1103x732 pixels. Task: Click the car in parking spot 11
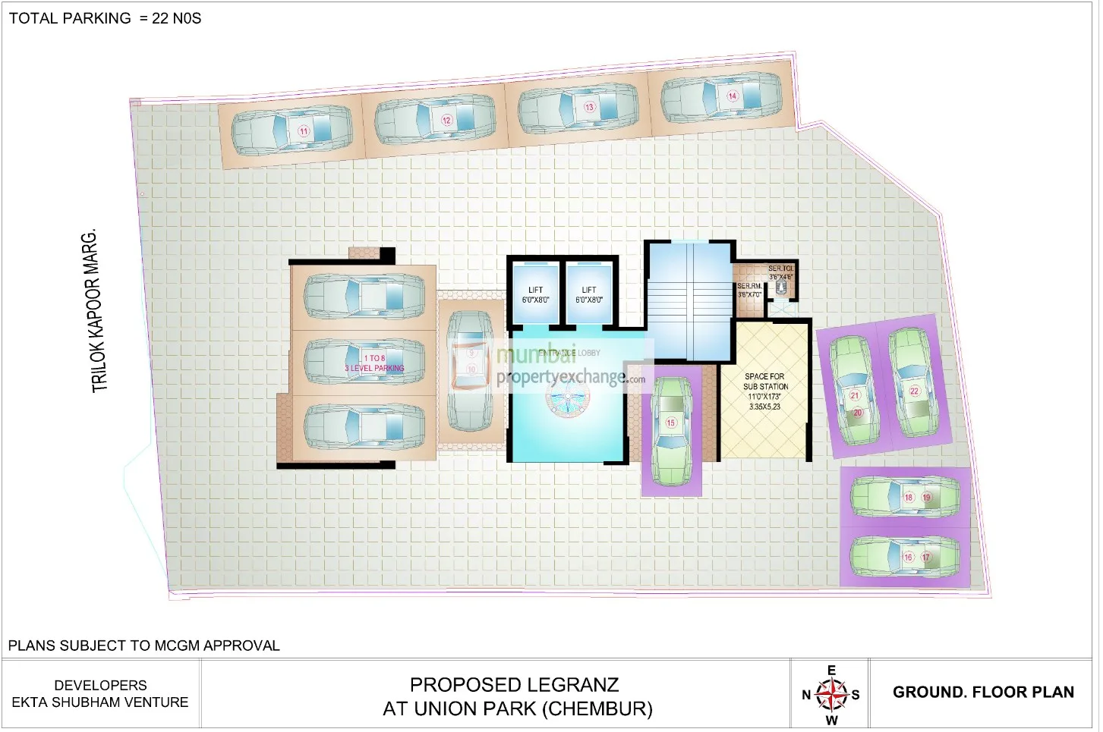pos(292,131)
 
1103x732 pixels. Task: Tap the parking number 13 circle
pos(589,107)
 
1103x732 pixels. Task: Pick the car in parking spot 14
pos(721,96)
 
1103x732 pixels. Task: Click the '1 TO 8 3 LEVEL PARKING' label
pos(374,363)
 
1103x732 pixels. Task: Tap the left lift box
pos(535,295)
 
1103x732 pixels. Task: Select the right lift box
pos(589,295)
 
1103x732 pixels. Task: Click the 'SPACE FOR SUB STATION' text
pos(765,382)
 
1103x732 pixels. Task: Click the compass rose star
pos(832,693)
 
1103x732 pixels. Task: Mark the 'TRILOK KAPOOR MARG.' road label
pos(95,311)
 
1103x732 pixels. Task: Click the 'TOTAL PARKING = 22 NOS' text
pos(105,19)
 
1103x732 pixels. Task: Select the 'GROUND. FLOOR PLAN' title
pos(983,693)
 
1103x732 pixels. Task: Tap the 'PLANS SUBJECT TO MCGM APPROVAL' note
pos(143,646)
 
